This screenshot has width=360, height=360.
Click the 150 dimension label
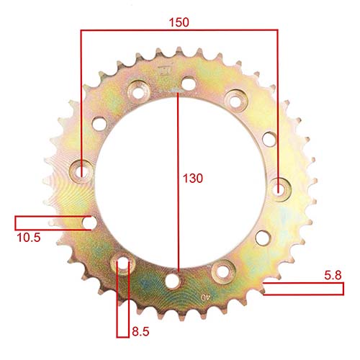(179, 22)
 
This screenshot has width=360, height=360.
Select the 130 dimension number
(193, 177)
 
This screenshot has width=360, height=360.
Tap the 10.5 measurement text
(28, 236)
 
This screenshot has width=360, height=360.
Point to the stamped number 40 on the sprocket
(207, 295)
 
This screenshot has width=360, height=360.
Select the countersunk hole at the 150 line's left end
(81, 171)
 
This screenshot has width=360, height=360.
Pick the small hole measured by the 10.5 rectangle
(89, 222)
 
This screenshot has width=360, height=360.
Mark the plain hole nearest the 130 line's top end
(189, 84)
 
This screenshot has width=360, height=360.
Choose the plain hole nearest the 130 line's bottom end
(173, 280)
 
